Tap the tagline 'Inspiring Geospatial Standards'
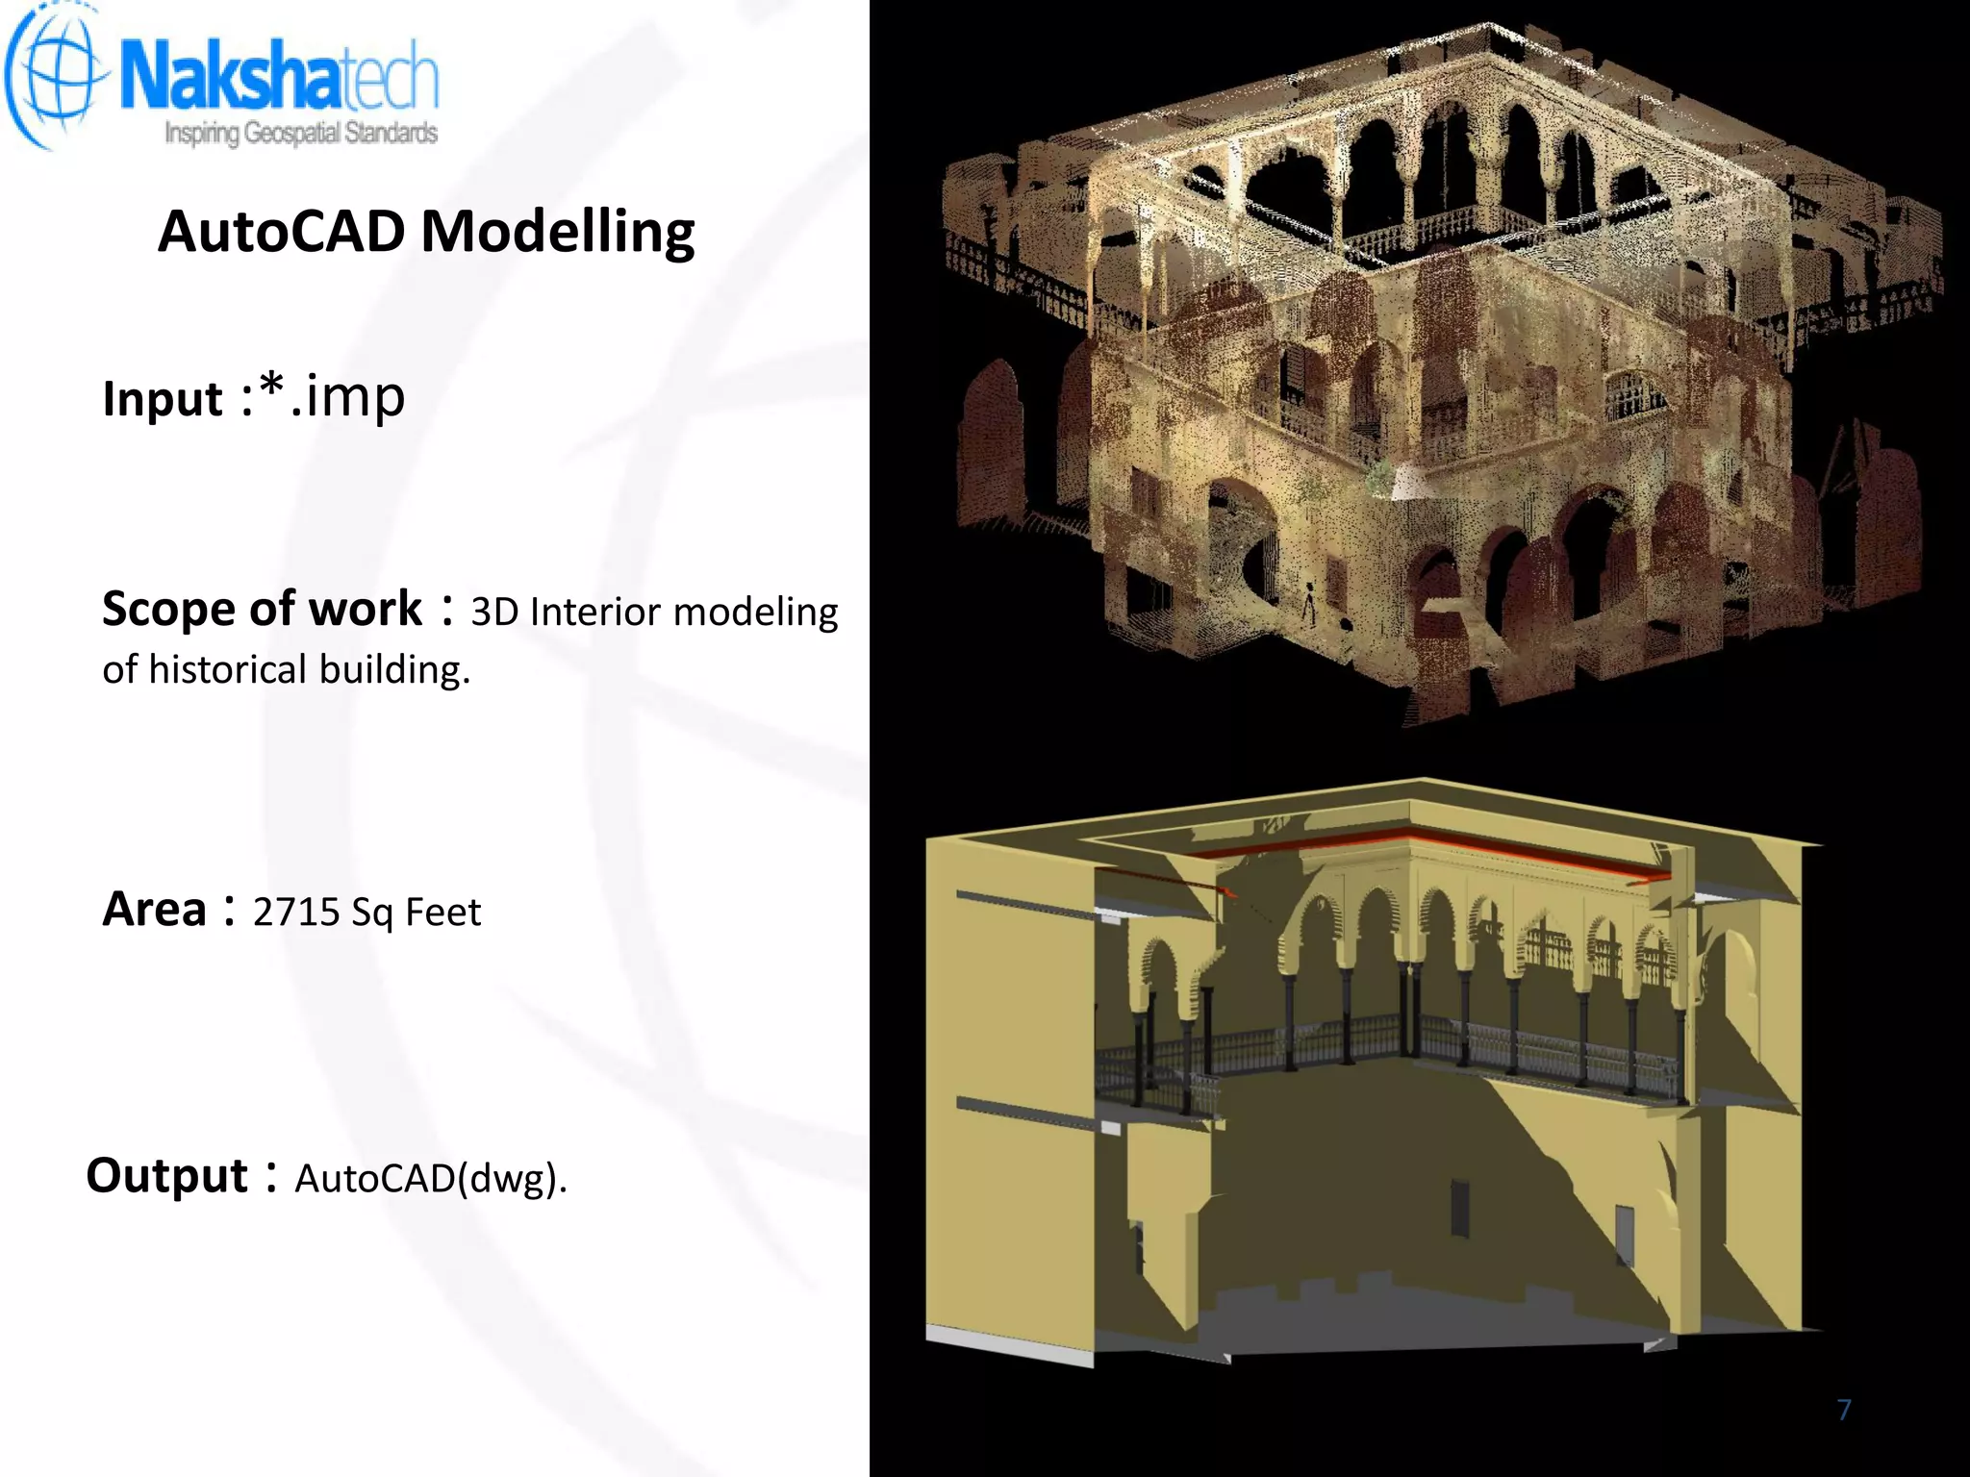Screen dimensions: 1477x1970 (x=301, y=133)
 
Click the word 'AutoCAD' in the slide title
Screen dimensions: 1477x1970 (x=282, y=232)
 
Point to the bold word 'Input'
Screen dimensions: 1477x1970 (x=163, y=398)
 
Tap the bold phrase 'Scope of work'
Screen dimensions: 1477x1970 (x=262, y=609)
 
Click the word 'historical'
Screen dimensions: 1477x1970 (x=227, y=669)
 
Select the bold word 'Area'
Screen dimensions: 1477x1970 (x=154, y=910)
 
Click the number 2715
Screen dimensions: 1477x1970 (x=296, y=912)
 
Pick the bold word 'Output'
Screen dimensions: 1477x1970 (x=167, y=1175)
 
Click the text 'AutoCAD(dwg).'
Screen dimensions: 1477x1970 (x=431, y=1178)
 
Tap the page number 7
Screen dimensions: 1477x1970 (x=1844, y=1410)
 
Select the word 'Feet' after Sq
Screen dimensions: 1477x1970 (x=442, y=912)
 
